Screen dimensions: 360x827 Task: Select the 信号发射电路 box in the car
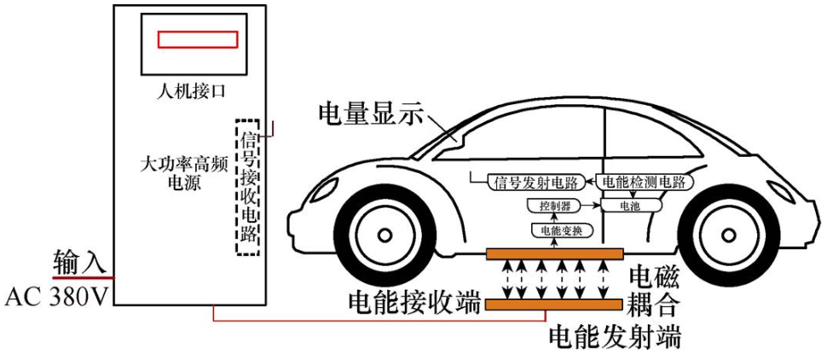pos(533,182)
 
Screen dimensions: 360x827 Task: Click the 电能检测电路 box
pos(644,182)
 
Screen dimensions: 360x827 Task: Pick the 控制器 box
pos(548,206)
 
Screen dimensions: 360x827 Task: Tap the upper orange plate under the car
pos(554,253)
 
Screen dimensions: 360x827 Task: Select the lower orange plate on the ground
pos(554,304)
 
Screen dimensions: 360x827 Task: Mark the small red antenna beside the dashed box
pos(271,129)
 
